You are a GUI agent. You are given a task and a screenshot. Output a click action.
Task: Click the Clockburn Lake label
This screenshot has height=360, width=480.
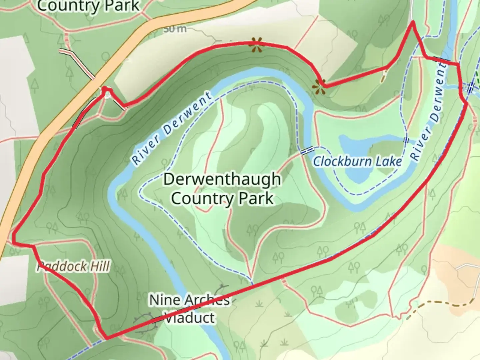357,162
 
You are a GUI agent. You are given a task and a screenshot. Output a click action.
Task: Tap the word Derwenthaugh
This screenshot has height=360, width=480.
222,180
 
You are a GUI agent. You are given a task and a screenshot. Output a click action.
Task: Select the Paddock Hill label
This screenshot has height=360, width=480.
73,267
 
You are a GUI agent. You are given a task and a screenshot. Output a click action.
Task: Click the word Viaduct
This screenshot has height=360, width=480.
190,318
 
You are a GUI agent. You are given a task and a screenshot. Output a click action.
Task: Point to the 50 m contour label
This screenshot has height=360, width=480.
175,29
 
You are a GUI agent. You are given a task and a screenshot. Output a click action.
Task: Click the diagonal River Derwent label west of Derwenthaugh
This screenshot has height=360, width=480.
172,128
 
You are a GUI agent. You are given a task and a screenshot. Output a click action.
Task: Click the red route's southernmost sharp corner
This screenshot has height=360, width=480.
106,338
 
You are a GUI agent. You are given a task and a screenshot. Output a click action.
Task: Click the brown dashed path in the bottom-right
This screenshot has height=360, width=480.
443,303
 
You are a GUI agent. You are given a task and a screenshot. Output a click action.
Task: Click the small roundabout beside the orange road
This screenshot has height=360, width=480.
107,95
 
